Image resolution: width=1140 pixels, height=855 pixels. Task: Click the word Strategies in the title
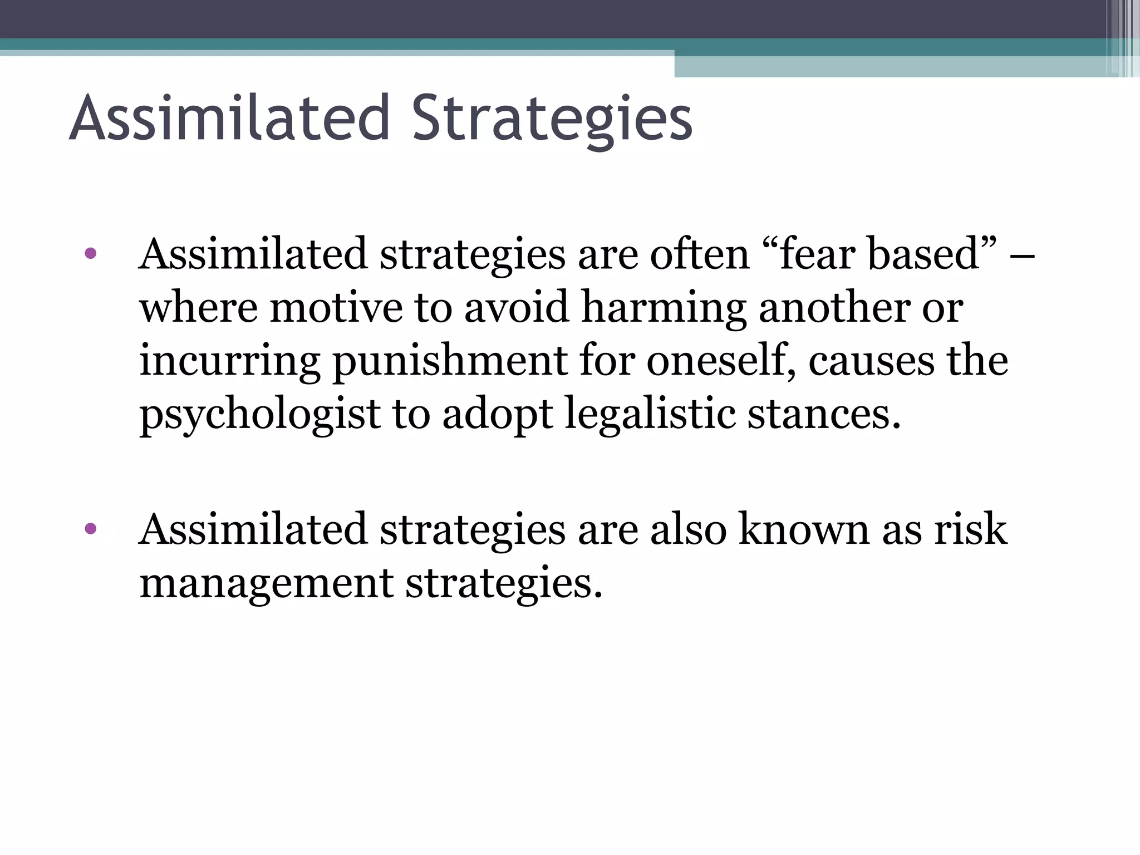coord(552,119)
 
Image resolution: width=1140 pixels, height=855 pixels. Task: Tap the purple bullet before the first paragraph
coord(90,254)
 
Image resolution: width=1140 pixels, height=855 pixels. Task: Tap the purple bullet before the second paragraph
coord(90,528)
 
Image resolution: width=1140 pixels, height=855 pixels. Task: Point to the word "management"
coord(267,583)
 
